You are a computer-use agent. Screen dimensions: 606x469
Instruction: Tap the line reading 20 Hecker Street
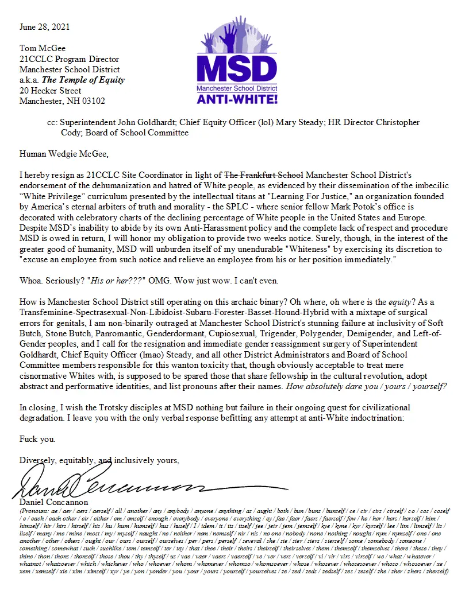tap(50, 91)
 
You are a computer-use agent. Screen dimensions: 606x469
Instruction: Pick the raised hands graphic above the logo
tap(236, 38)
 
